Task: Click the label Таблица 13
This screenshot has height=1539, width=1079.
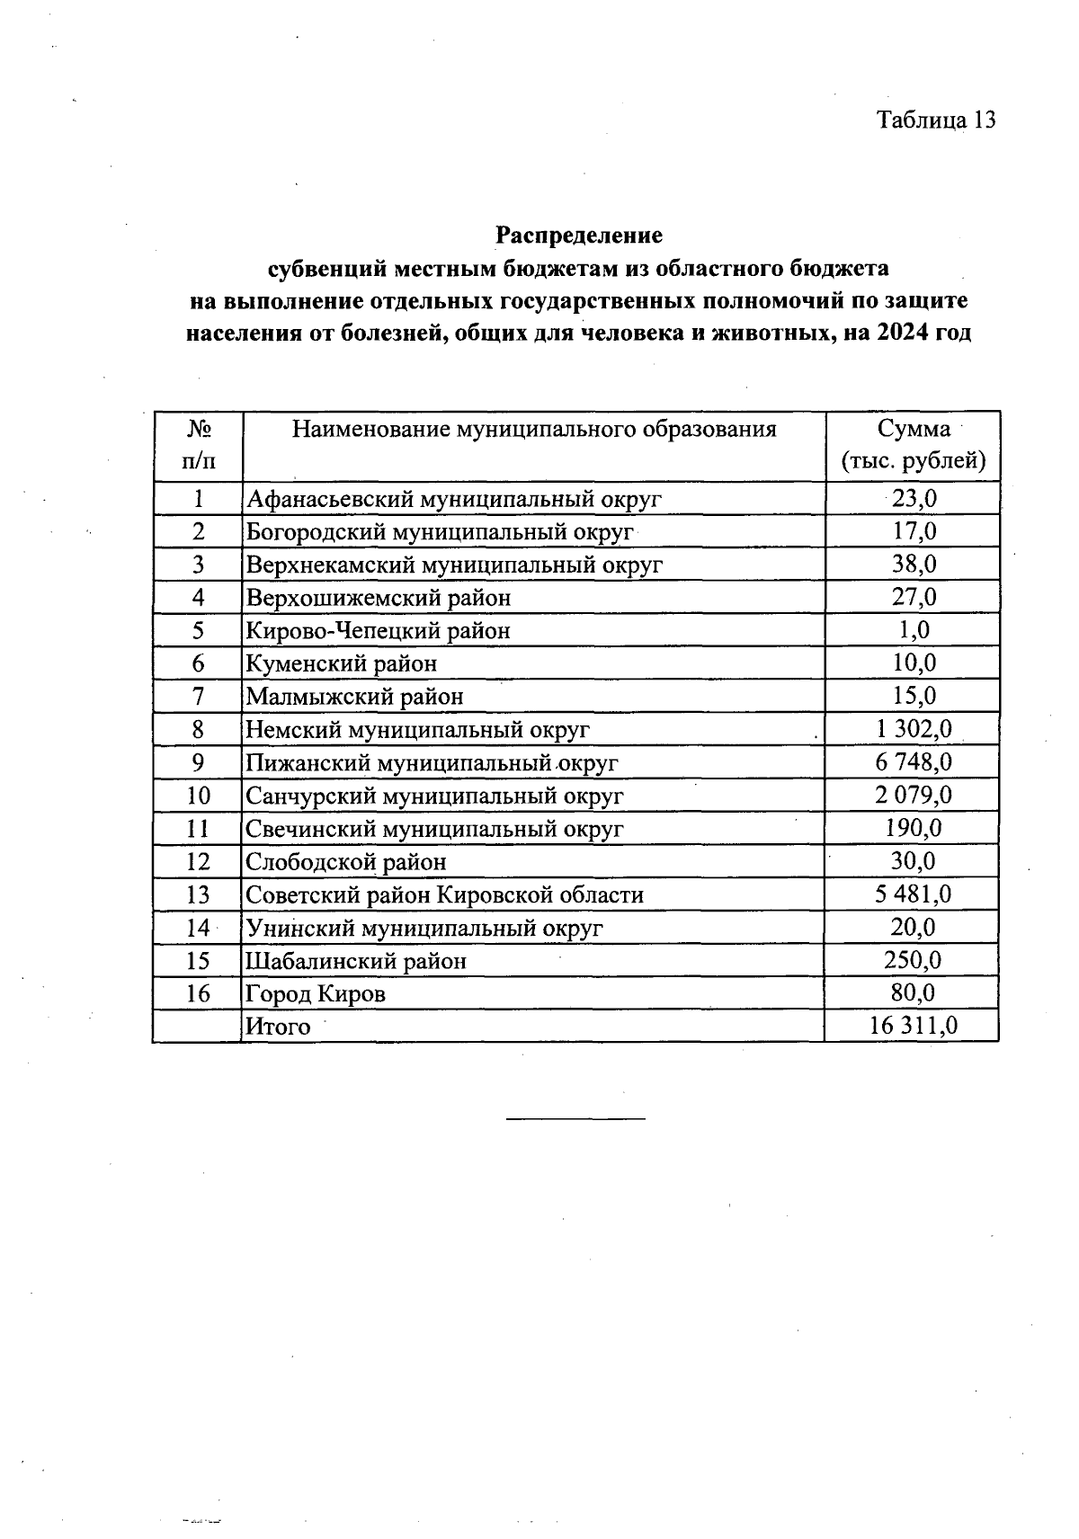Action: tap(936, 120)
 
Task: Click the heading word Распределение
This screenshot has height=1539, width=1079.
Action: tap(579, 236)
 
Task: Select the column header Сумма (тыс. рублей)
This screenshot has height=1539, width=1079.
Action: tap(913, 446)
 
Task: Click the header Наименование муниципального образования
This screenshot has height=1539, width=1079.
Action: tap(534, 429)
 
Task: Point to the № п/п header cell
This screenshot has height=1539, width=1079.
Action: tap(198, 446)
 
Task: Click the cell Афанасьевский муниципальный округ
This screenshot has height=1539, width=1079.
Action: tap(454, 499)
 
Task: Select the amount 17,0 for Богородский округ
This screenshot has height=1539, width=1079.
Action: tap(914, 531)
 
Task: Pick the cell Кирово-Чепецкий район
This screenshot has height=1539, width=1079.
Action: tap(379, 631)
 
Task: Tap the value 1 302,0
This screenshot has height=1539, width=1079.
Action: tap(914, 730)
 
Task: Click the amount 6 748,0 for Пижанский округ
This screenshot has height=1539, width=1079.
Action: tap(914, 763)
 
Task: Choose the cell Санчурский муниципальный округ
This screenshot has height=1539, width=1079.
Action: tap(435, 796)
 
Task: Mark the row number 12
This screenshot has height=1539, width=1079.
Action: tap(198, 862)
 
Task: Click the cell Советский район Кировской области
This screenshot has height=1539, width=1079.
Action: tap(445, 895)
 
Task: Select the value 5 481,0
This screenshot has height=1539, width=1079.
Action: tap(914, 894)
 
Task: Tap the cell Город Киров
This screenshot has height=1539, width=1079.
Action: tap(316, 994)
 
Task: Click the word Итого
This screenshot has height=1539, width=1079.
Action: tap(278, 1027)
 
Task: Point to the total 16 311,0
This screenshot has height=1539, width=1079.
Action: tap(914, 1026)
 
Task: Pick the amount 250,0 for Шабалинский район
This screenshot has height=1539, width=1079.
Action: tap(914, 960)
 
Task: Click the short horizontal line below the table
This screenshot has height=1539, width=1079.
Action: tap(575, 1118)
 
